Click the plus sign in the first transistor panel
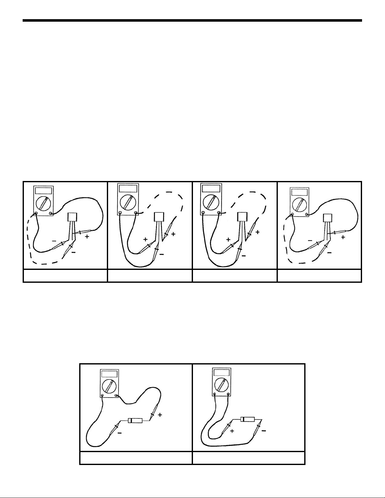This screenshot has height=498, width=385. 87,237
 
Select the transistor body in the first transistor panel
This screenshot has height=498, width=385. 72,217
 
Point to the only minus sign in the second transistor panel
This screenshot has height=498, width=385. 162,254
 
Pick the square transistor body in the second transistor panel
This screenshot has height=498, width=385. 159,216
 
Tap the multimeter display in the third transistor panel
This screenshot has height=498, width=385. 211,189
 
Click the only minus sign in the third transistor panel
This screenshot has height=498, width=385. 244,256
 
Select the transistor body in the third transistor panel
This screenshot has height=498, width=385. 242,216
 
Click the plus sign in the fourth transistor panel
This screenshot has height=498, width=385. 343,237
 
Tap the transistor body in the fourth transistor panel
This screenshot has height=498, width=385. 327,218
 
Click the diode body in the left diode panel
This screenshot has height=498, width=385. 135,420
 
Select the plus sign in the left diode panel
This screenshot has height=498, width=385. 160,414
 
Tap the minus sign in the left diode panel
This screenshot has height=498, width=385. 120,433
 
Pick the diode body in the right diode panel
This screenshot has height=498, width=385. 248,419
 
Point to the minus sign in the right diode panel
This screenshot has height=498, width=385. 264,431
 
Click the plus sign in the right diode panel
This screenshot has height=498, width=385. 232,431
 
